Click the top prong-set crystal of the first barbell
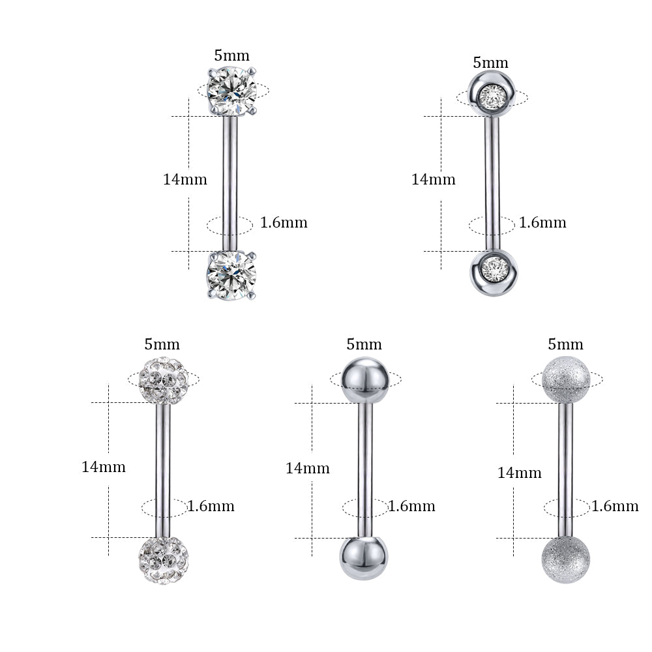pos(231,91)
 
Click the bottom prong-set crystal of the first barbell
pos(231,275)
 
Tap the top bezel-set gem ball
pos(492,94)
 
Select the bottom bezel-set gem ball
pos(494,273)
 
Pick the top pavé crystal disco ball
pos(164,381)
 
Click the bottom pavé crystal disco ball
pos(164,561)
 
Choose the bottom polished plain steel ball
pos(364,558)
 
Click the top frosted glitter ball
pos(567,380)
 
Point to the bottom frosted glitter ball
pos(565,559)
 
